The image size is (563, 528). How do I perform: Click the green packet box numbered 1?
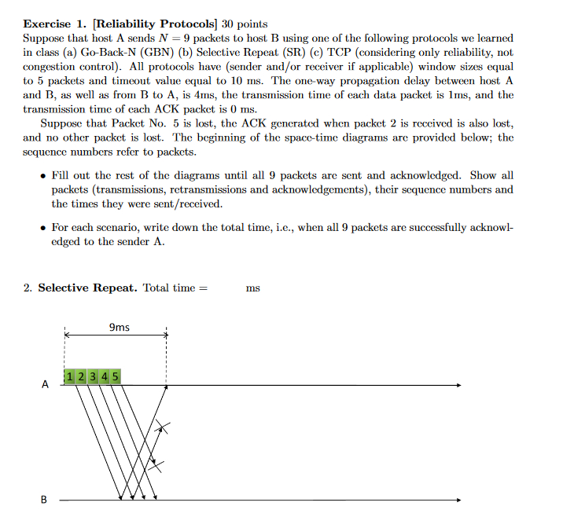pyautogui.click(x=71, y=376)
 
